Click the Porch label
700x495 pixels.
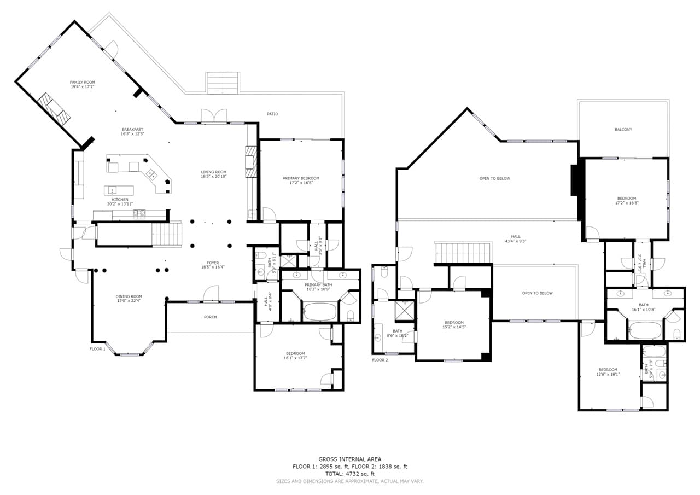[210, 317]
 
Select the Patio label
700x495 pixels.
[272, 114]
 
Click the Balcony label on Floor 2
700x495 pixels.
[623, 130]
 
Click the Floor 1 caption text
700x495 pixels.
[97, 348]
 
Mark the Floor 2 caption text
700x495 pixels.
[380, 360]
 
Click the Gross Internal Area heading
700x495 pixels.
[350, 459]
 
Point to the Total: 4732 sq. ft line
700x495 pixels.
[350, 474]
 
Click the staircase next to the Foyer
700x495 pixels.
[167, 234]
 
